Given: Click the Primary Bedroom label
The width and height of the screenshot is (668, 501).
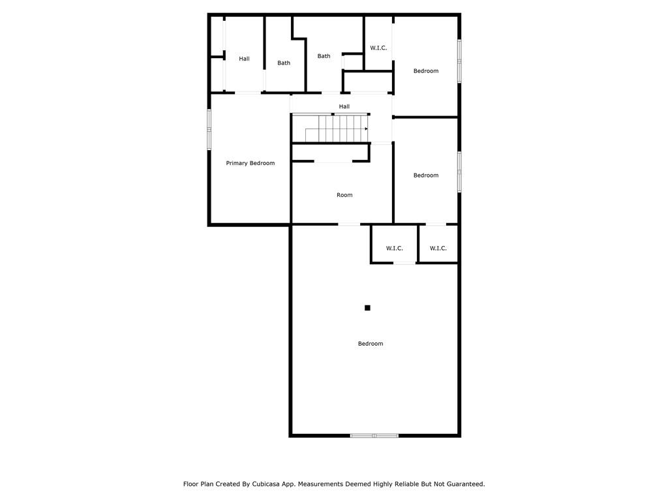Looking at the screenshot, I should click(x=250, y=163).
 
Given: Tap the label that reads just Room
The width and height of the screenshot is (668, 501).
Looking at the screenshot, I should click(x=344, y=195).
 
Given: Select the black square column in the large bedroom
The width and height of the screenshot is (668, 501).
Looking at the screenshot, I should click(x=367, y=308).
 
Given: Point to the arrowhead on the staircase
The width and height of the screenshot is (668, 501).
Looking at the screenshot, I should click(x=366, y=129).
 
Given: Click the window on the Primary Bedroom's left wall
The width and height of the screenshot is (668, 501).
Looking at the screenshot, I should click(x=209, y=129).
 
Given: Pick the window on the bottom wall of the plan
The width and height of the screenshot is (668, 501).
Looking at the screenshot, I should click(x=374, y=435).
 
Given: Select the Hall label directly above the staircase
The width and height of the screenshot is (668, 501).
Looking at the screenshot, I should click(x=344, y=106).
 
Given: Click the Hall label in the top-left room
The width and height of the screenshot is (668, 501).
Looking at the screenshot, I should click(x=244, y=59).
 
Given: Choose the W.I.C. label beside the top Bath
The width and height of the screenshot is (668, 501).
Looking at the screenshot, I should click(x=378, y=48).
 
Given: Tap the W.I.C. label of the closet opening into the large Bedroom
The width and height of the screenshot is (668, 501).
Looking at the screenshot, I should click(x=395, y=248).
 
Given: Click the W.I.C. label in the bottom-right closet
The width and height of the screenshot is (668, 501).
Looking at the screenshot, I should click(x=438, y=248).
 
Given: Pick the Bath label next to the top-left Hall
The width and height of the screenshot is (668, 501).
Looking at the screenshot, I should click(x=284, y=63).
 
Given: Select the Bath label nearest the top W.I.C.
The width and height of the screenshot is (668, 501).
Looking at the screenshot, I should click(x=324, y=56).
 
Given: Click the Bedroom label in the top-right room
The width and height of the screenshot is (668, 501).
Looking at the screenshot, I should click(x=426, y=70).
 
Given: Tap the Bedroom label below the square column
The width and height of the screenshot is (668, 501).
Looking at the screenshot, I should click(x=371, y=344).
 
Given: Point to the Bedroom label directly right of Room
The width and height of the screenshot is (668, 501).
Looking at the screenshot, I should click(x=426, y=175).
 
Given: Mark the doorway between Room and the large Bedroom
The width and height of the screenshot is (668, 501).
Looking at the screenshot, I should click(x=349, y=224).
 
